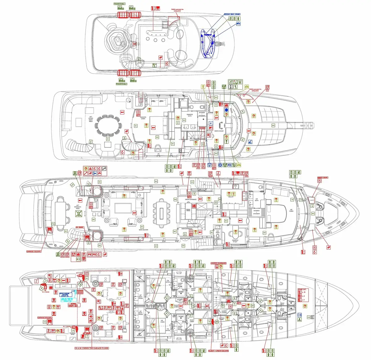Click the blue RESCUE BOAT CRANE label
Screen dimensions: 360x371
232,14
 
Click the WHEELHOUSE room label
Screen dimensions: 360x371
219,131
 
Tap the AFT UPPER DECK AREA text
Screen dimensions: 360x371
91,119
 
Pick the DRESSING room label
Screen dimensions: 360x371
177,127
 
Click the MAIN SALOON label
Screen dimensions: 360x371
143,230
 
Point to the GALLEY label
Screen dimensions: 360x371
231,197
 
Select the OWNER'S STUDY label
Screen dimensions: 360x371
235,240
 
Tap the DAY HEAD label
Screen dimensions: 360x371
218,232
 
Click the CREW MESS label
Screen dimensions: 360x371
188,210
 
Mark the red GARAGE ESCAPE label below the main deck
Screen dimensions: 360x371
34,252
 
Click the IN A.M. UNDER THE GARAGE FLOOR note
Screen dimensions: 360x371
92,348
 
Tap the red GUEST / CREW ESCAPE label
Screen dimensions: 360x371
219,350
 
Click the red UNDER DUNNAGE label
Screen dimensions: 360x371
219,263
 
